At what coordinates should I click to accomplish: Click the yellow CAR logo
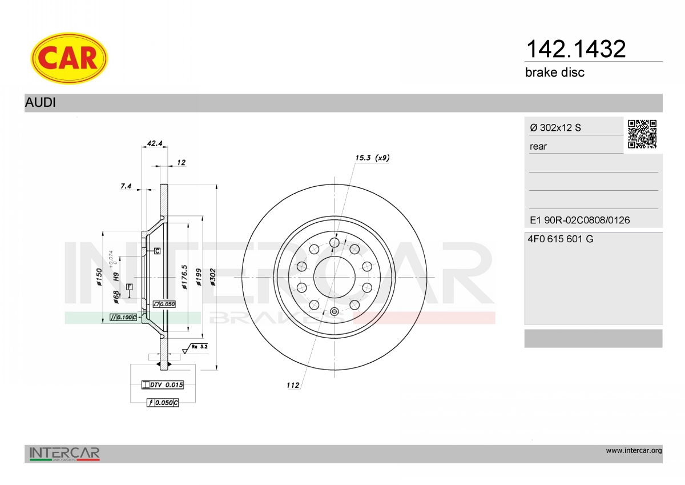click(69, 58)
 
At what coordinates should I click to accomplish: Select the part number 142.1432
click(576, 49)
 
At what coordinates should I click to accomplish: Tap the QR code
click(642, 134)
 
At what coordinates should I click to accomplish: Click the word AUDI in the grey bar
click(41, 102)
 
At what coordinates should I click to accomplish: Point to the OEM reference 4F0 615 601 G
click(560, 239)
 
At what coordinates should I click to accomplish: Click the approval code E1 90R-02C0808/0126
click(579, 220)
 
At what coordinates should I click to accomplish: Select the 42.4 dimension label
click(155, 143)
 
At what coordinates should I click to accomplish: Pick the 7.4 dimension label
click(126, 186)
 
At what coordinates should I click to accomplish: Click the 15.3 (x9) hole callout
click(372, 158)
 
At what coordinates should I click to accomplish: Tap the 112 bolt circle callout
click(293, 385)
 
